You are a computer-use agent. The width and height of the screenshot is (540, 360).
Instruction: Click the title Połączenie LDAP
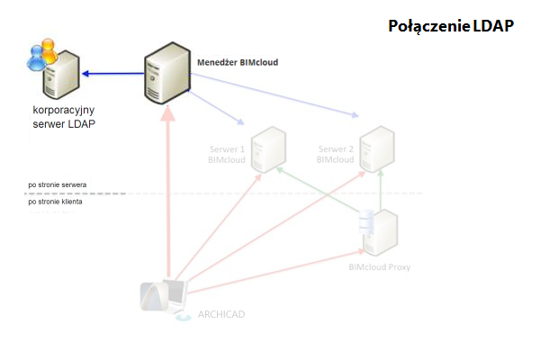tap(450, 26)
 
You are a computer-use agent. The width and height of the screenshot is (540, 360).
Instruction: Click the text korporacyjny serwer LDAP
tap(58, 116)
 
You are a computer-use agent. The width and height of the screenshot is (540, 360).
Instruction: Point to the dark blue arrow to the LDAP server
tap(112, 75)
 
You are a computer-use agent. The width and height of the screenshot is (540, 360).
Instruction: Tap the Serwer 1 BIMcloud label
tap(226, 154)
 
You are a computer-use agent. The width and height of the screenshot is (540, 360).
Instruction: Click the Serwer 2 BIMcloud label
tap(336, 154)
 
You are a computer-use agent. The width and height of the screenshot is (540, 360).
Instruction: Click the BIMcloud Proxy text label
tap(379, 266)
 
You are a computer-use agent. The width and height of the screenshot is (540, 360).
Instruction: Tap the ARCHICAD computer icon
tap(166, 297)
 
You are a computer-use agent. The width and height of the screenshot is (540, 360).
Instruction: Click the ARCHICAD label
tap(220, 314)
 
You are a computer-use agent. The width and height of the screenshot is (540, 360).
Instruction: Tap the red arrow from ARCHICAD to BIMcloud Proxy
tap(270, 274)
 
